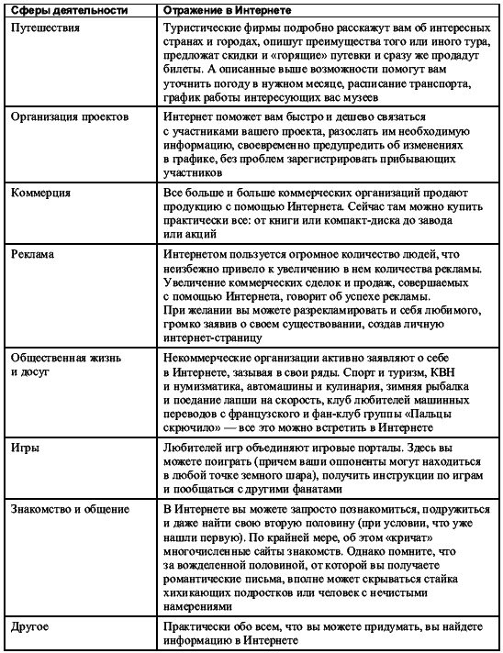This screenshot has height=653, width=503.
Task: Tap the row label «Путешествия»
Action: pos(45,28)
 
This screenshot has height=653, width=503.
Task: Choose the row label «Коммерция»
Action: pos(40,194)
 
